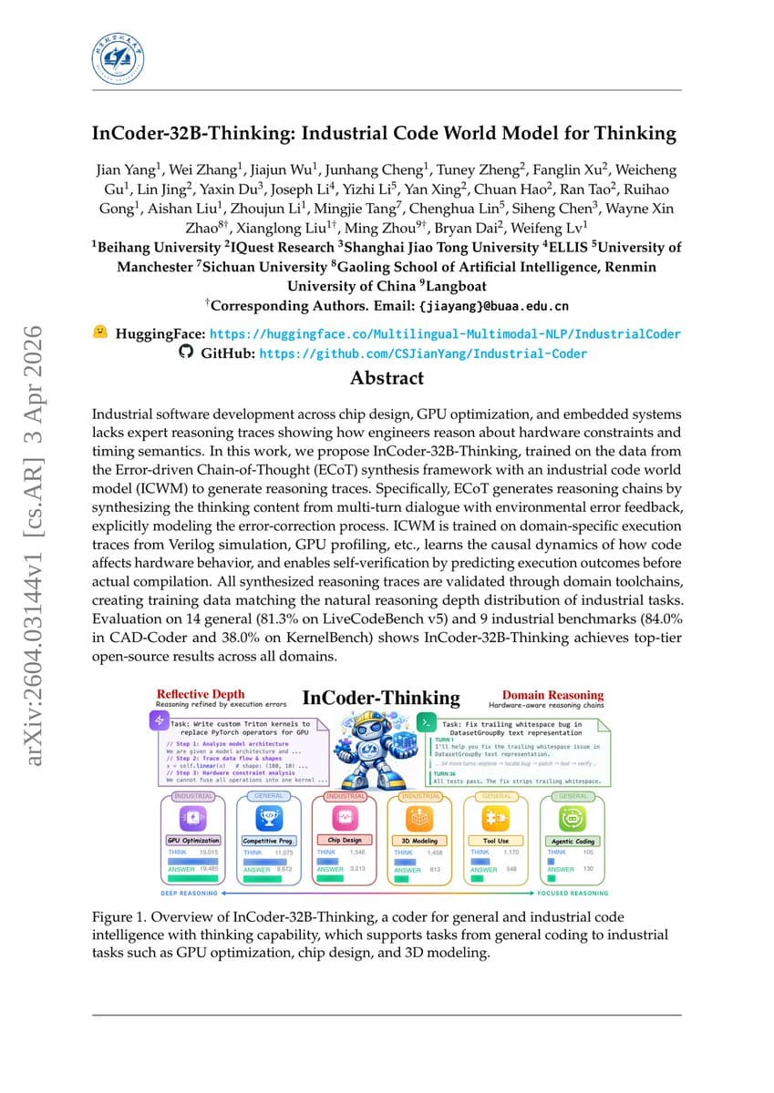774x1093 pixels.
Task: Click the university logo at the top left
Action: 119,56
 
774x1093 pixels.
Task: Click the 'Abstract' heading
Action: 387,378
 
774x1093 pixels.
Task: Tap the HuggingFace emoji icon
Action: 100,333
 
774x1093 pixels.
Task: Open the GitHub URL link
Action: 423,353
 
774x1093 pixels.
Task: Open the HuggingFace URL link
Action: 445,334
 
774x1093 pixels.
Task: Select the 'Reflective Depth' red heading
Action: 200,694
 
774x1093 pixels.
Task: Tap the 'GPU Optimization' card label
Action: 193,841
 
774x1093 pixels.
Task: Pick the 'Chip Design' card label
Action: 344,841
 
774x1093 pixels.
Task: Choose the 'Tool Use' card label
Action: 495,841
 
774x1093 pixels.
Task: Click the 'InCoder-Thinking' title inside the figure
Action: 380,699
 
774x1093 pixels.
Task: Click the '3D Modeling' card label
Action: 419,841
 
